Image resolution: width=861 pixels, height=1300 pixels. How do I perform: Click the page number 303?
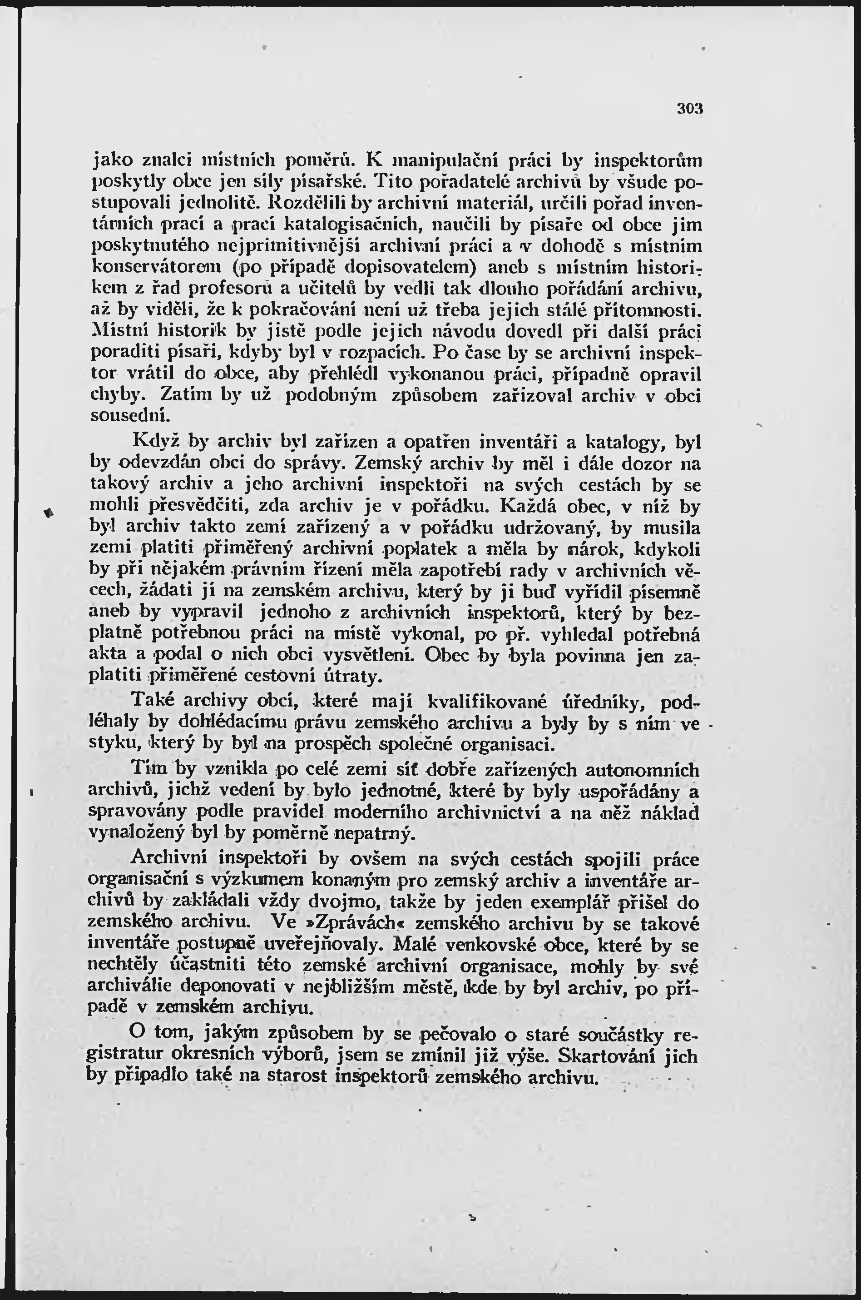pyautogui.click(x=690, y=109)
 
